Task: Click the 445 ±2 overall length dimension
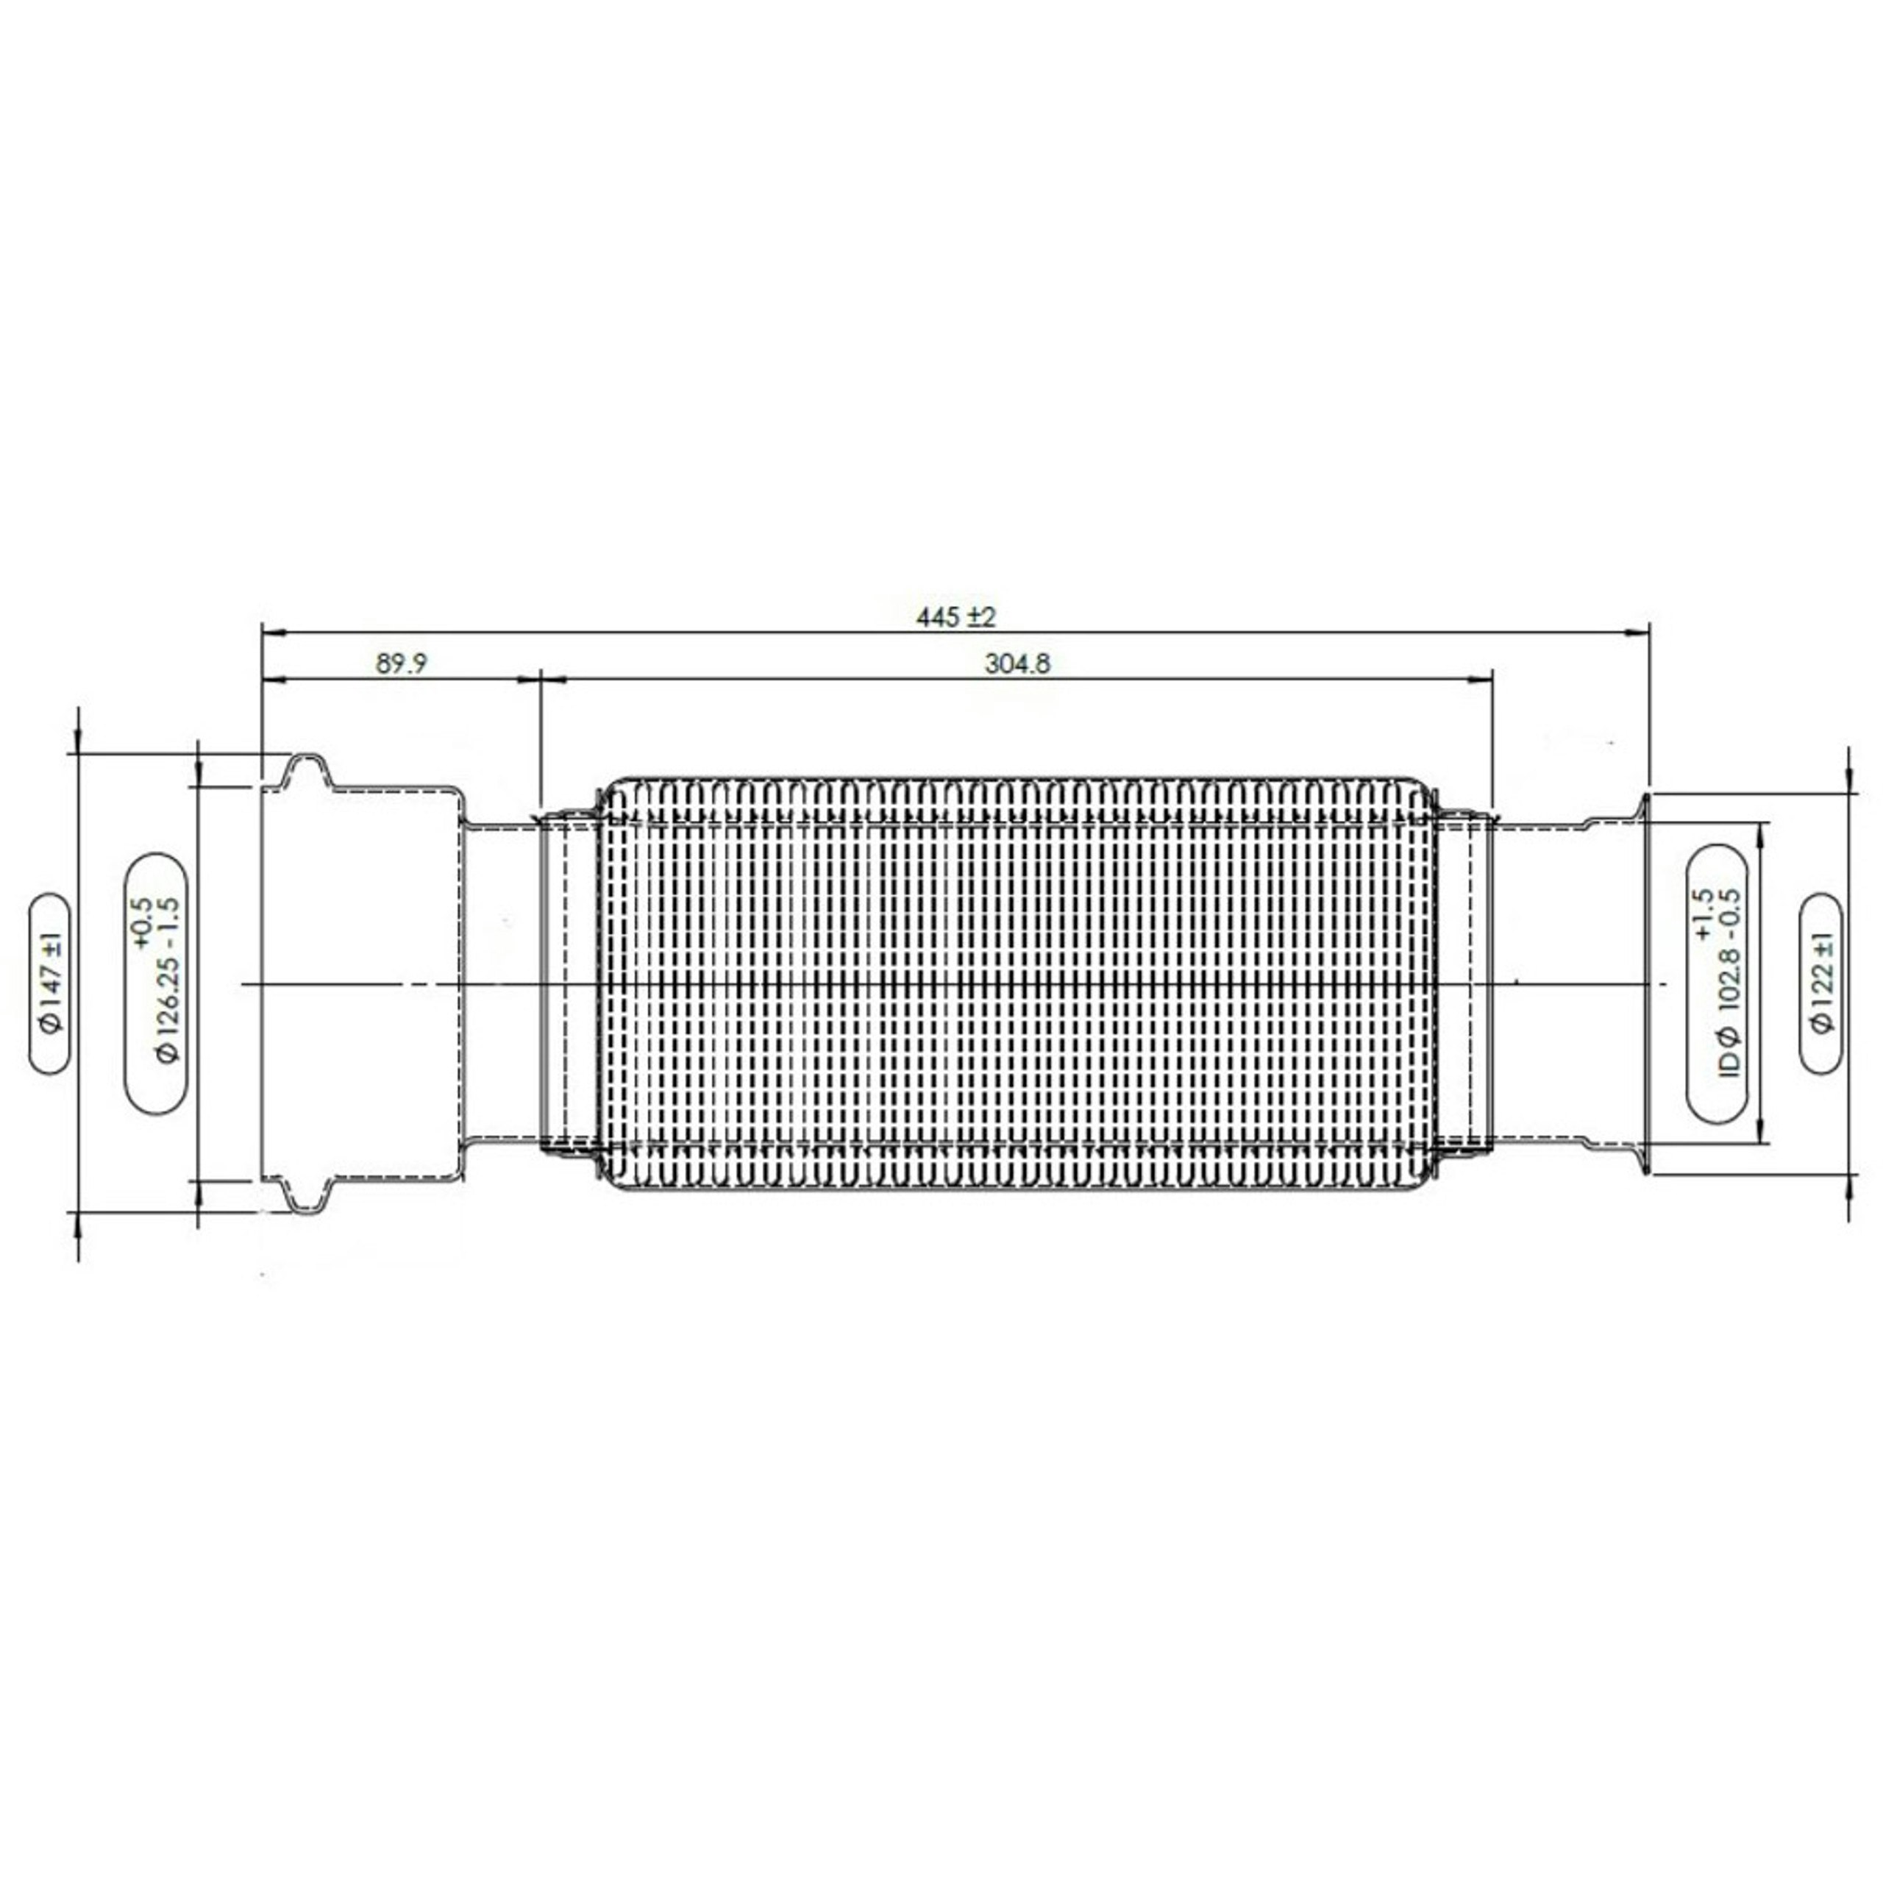(955, 617)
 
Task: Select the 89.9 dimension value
(402, 663)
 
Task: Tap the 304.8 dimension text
(1017, 663)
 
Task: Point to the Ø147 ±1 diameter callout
(50, 983)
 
